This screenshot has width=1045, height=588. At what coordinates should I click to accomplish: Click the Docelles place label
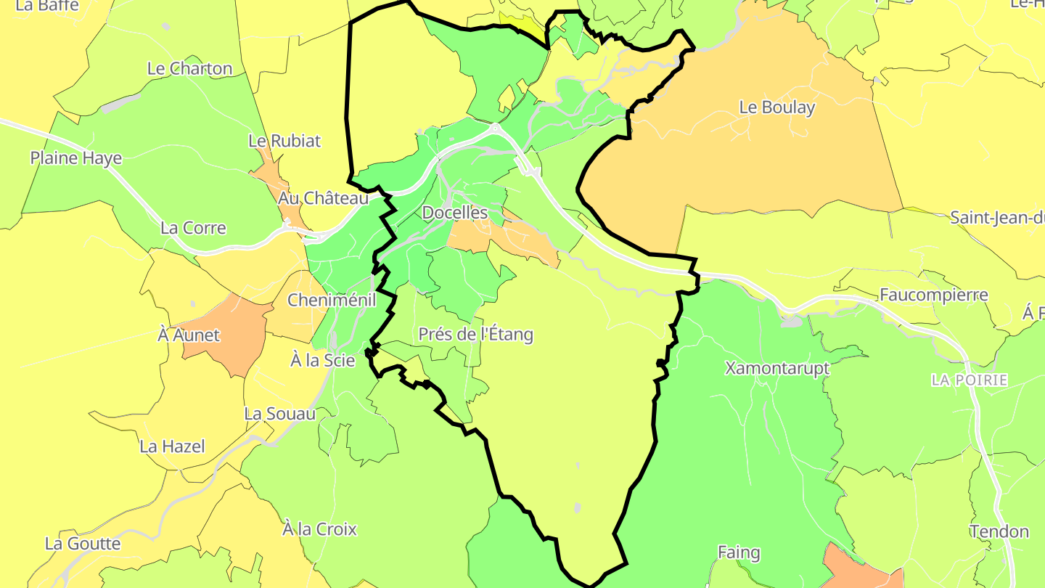tap(454, 213)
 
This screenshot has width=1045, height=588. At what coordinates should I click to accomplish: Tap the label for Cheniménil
tap(332, 300)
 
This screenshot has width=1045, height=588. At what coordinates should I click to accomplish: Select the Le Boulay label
tap(777, 107)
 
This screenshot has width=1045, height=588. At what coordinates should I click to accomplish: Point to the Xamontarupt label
tap(776, 368)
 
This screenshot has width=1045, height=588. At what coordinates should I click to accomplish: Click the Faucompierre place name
tap(933, 295)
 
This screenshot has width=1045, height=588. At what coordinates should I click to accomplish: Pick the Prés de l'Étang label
tap(475, 334)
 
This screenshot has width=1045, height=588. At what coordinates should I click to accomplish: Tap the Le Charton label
tap(189, 69)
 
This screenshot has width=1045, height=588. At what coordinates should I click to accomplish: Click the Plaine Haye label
tap(76, 158)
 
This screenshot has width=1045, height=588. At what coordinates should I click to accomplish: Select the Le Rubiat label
tap(284, 141)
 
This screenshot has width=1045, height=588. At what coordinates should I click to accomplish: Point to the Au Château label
tap(323, 197)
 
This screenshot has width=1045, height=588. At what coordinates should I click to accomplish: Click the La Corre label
tap(193, 228)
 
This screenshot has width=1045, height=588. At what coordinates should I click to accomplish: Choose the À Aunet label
tap(189, 335)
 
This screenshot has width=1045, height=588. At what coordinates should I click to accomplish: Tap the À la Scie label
tap(322, 360)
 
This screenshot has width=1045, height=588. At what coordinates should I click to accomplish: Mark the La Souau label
tap(280, 414)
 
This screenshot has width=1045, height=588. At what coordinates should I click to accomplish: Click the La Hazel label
tap(172, 446)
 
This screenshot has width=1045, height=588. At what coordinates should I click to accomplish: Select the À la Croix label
tap(319, 529)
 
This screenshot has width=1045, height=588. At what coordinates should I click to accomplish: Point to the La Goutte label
tap(83, 544)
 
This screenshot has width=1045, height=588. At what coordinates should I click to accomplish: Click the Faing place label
tap(739, 553)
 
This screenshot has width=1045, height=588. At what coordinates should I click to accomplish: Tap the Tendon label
tap(999, 531)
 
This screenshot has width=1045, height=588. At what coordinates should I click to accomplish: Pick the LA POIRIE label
tap(970, 380)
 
